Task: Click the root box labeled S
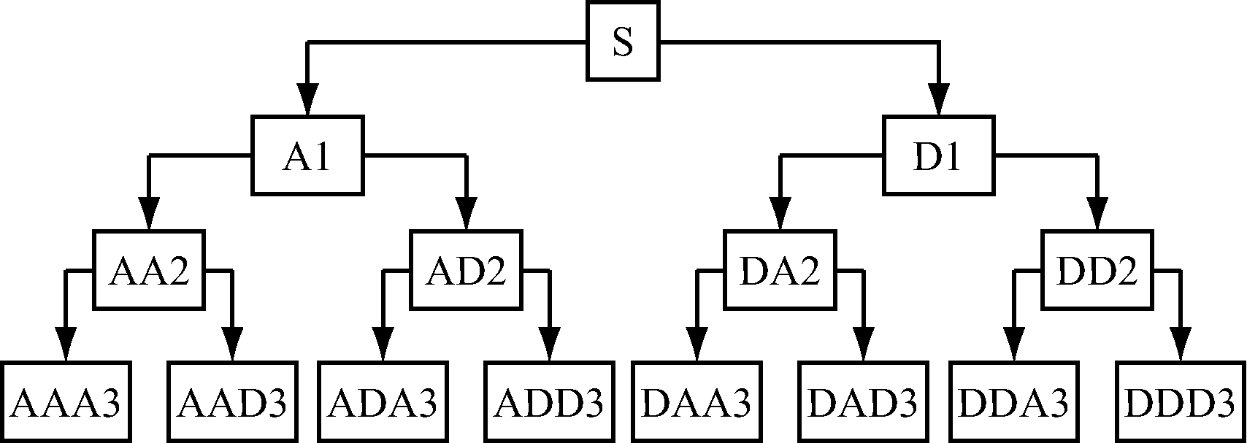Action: coord(623,41)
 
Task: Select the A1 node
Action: coord(307,155)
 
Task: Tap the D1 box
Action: coord(938,155)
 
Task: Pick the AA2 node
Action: coord(149,269)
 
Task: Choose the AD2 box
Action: coord(466,269)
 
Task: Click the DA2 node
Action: coord(780,269)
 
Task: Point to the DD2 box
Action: coord(1097,269)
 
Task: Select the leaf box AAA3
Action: coord(66,401)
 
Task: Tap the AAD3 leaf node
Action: coord(233,401)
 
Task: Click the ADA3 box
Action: coord(383,401)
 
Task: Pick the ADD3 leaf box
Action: coord(550,401)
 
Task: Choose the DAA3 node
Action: coord(697,401)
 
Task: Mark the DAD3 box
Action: coord(864,401)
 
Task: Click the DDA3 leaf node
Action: coord(1014,401)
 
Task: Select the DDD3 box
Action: coord(1181,401)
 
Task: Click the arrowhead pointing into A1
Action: coord(307,99)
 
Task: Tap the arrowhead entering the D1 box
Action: coord(939,99)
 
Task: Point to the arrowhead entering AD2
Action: coord(467,213)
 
